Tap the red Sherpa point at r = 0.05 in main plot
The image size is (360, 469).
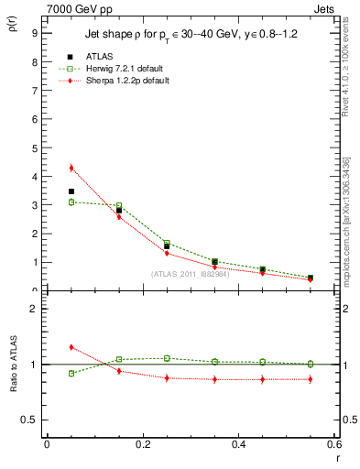coord(71,168)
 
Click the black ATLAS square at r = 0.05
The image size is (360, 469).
coord(71,191)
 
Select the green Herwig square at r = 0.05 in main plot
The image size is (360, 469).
coord(71,202)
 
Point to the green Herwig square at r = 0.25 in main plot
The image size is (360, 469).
coord(167,243)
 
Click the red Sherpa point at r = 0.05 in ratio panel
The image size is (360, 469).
coord(71,347)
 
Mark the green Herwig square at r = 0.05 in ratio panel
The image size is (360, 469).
coord(71,373)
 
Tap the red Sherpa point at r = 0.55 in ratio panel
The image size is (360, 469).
coord(311,378)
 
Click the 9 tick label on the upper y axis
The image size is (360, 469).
coord(34,32)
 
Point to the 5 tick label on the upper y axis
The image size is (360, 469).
coord(34,147)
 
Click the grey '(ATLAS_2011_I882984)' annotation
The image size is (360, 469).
coord(190,274)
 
